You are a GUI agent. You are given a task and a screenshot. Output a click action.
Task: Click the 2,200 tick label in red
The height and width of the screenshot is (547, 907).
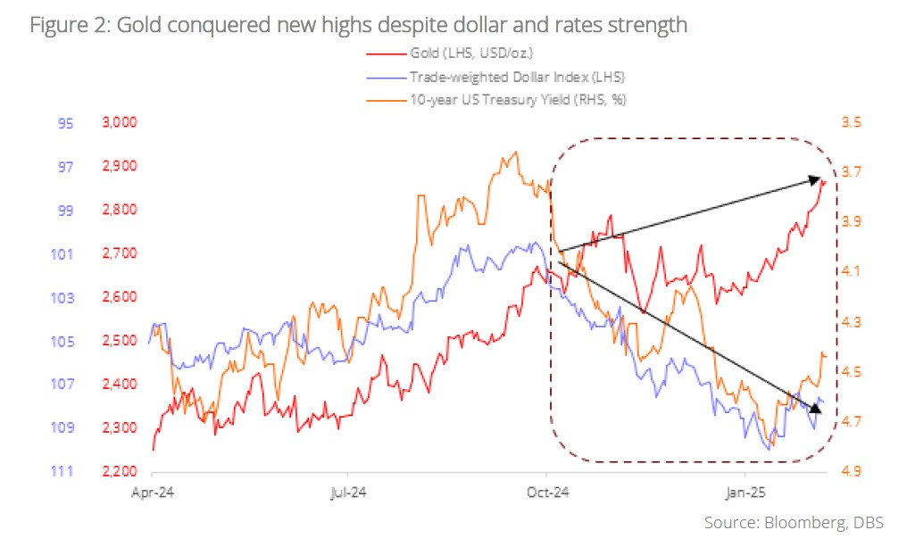pos(114,472)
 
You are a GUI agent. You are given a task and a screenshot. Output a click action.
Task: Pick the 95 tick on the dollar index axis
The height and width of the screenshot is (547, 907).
pos(65,123)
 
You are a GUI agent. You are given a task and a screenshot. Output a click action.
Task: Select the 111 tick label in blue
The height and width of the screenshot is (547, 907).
pos(62,472)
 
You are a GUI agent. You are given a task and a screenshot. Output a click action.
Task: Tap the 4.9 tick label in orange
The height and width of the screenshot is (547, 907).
pos(850,472)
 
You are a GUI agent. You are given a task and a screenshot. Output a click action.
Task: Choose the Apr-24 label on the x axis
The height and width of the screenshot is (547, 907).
pos(152,491)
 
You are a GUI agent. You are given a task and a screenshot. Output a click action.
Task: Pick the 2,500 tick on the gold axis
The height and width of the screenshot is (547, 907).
pos(114,342)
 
